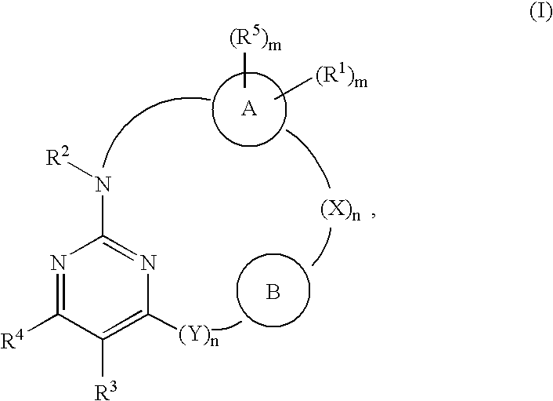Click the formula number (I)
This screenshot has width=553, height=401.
click(540, 13)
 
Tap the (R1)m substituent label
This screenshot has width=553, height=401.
click(341, 76)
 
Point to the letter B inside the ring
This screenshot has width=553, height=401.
click(273, 292)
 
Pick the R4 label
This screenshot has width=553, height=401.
click(12, 340)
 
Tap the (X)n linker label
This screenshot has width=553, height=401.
click(340, 211)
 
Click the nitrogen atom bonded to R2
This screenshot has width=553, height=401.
click(103, 184)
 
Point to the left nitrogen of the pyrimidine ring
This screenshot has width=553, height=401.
click(58, 263)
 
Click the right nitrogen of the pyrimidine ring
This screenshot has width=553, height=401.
click(148, 263)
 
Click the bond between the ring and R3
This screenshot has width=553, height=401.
click(103, 359)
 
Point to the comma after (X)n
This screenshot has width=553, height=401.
click(372, 217)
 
